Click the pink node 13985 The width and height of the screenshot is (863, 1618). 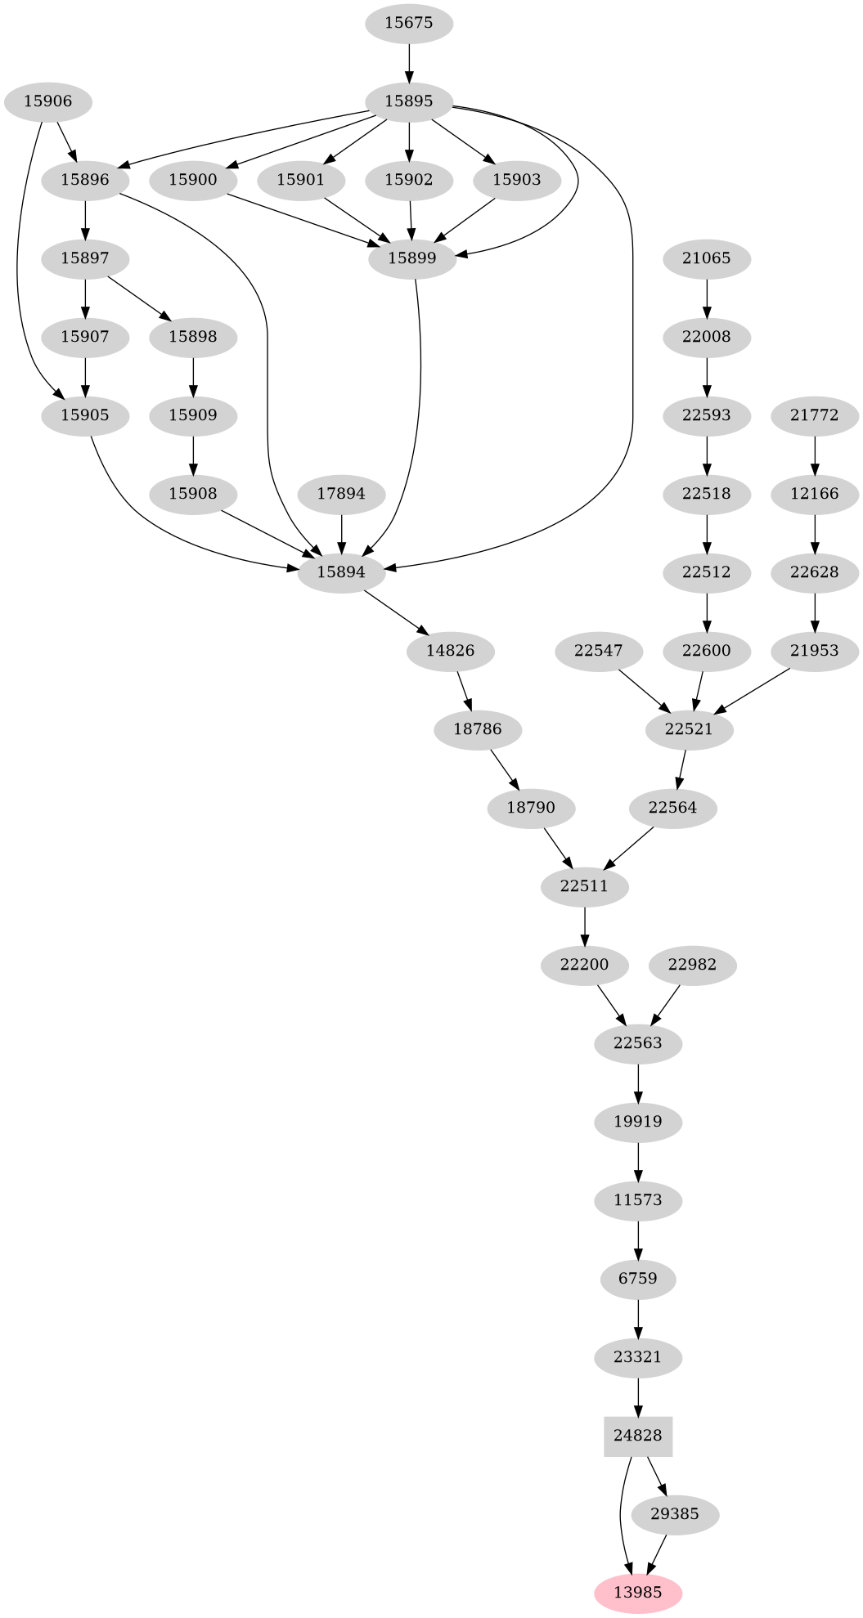pos(637,1593)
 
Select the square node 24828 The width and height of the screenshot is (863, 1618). pos(637,1436)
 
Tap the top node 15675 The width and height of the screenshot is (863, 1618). pos(408,23)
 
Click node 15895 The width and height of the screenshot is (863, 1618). pos(408,101)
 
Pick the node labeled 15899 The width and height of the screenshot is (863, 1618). pos(411,258)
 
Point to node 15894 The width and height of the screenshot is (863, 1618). pos(341,572)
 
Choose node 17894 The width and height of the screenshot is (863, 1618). pos(341,494)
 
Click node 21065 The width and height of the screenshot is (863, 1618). pos(706,258)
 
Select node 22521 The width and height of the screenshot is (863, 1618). pos(689,729)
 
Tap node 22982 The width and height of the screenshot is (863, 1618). pos(692,965)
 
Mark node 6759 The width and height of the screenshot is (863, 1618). pos(637,1279)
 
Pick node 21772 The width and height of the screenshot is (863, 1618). pos(814,415)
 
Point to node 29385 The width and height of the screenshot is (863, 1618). pos(675,1514)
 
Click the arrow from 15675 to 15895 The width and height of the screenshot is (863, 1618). pos(408,62)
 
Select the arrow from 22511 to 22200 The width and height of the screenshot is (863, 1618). pos(585,926)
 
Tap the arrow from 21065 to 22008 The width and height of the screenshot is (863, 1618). pos(706,298)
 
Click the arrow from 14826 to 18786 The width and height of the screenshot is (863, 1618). pos(464,690)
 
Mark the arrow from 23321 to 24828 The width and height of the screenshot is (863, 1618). pos(637,1396)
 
